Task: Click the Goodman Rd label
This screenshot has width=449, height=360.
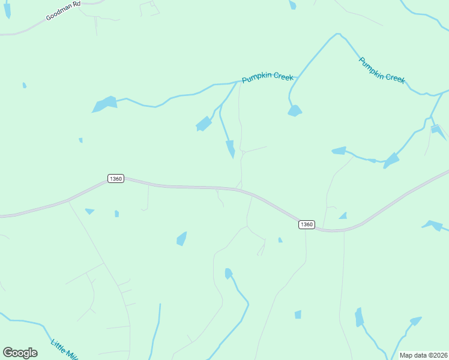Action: point(63,11)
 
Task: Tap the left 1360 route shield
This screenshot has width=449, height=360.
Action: point(116,179)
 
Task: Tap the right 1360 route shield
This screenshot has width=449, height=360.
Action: point(306,224)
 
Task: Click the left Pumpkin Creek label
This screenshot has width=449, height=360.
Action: point(267,77)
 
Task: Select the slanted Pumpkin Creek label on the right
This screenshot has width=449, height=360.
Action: point(382,70)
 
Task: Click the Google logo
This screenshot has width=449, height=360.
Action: point(20,352)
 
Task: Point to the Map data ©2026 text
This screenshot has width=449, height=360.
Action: point(423,355)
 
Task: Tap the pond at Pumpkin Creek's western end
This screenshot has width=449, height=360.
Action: point(104,104)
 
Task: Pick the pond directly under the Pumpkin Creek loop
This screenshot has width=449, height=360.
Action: point(294,110)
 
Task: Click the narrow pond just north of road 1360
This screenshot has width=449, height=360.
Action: point(231,148)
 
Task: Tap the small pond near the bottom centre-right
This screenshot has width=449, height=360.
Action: point(298,314)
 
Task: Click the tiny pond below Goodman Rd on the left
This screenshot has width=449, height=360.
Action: point(24,85)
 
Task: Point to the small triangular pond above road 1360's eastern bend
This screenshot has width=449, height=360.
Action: point(343,215)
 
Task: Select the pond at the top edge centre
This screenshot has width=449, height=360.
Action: point(292,4)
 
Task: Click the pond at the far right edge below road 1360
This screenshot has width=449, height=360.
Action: point(433,226)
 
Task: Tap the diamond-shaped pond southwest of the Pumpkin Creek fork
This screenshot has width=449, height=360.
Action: point(204,124)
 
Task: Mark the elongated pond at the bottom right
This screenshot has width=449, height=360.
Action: point(359,317)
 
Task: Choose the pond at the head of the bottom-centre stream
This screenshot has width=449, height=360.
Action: point(228,274)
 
